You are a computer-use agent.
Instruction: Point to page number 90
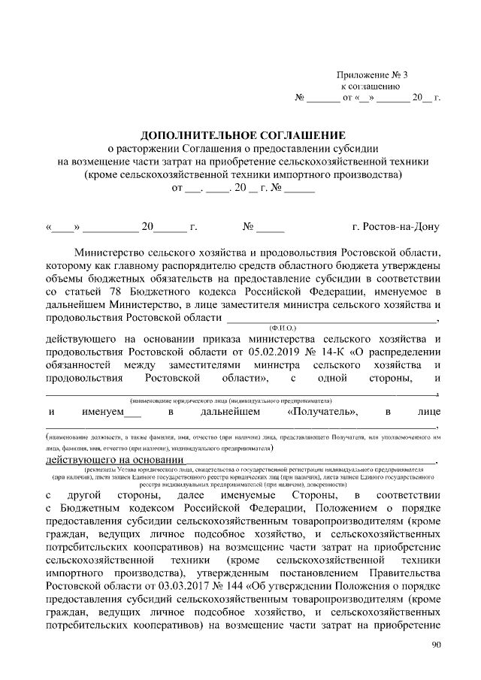[x=437, y=645]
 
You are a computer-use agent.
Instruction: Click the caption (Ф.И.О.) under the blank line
[x=283, y=328]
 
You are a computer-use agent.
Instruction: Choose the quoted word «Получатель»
[x=322, y=412]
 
